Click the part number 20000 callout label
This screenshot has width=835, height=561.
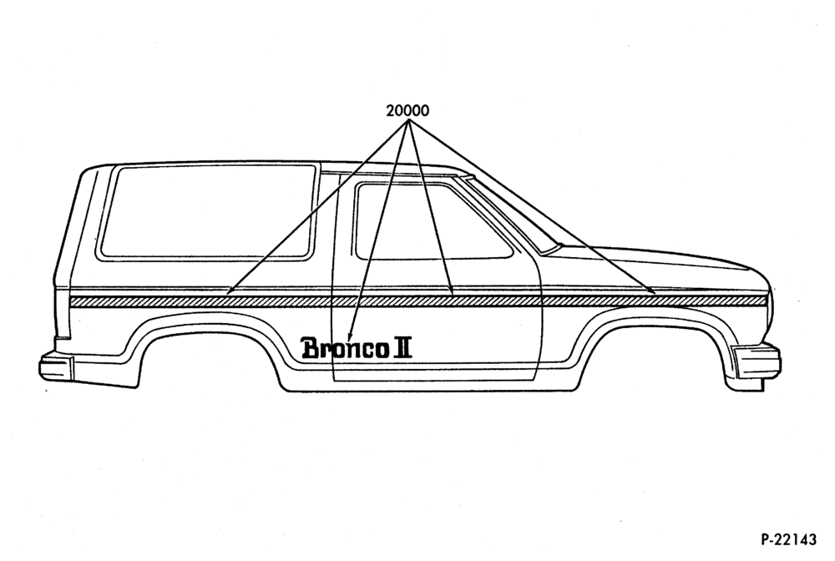[x=407, y=111]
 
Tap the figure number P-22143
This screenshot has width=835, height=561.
[x=789, y=539]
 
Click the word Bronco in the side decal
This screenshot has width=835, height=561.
[x=344, y=348]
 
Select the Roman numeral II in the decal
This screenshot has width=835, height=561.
[x=402, y=347]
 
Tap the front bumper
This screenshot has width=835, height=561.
[x=757, y=362]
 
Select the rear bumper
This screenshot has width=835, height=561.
[x=56, y=367]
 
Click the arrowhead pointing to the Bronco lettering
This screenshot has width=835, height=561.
[x=349, y=337]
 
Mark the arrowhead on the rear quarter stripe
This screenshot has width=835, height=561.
[x=230, y=291]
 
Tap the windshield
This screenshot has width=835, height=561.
[x=511, y=213]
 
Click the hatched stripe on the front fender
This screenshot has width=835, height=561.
[x=655, y=301]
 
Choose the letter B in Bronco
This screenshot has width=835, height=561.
[x=310, y=347]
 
